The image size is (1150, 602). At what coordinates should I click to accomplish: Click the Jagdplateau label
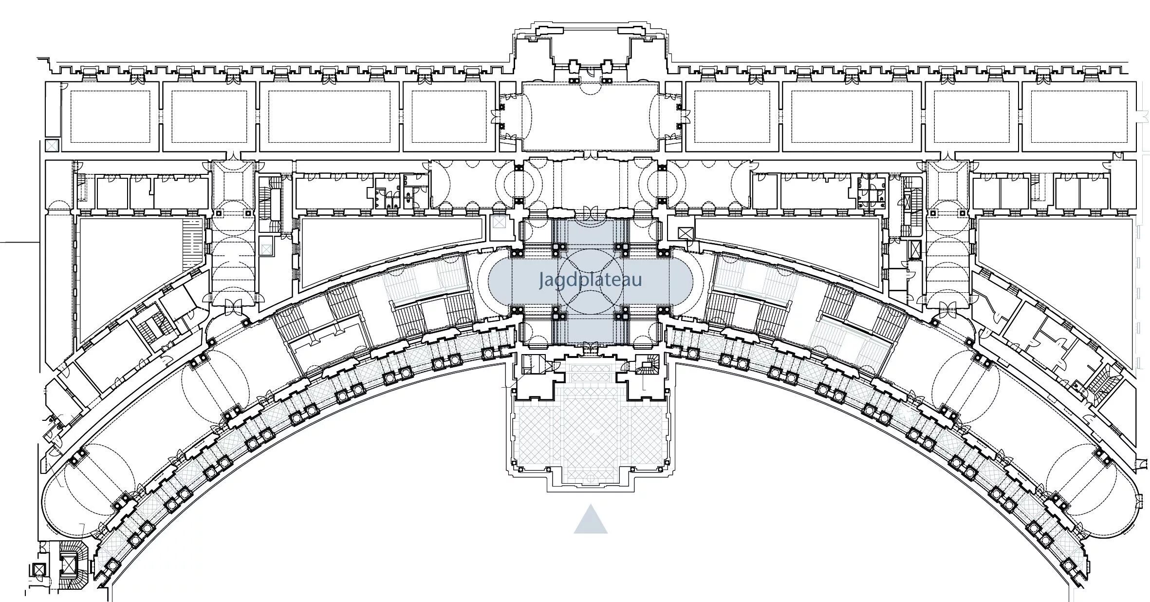(x=590, y=280)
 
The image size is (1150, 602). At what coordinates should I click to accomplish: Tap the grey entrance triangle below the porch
(x=590, y=520)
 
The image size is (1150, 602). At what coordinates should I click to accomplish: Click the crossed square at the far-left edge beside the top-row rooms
(x=52, y=145)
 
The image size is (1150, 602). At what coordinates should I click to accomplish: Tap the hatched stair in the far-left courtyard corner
(x=192, y=242)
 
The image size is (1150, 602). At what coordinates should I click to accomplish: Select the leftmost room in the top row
(x=110, y=117)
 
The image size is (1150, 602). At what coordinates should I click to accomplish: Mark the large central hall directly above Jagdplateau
(x=590, y=117)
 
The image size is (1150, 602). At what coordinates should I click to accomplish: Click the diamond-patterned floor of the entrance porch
(x=590, y=433)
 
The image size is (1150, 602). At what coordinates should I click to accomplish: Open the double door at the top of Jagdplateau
(x=590, y=213)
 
